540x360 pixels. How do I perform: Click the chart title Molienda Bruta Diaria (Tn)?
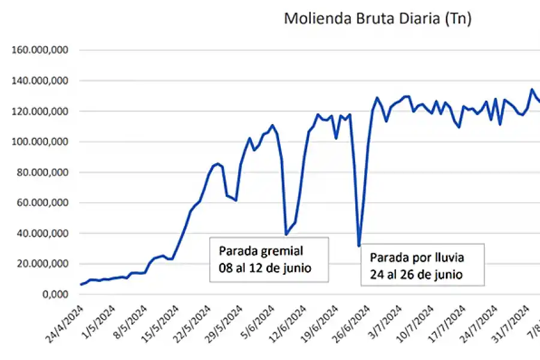(x=377, y=19)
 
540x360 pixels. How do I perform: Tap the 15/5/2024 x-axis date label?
(x=162, y=323)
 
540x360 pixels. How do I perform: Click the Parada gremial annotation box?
(x=269, y=259)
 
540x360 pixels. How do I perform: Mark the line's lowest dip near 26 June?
(x=359, y=245)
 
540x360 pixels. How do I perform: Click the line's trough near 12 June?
(x=286, y=234)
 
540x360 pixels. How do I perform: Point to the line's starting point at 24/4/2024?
(x=81, y=284)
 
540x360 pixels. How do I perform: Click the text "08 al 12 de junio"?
(x=265, y=268)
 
